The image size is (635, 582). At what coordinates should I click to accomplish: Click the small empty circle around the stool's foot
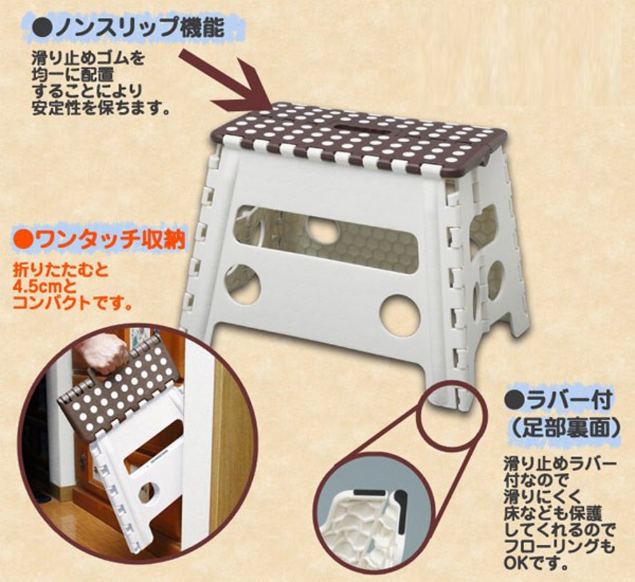pos(450,416)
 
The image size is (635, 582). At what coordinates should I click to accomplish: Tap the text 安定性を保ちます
pos(100,108)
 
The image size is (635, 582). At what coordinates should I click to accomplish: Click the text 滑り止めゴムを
pos(88,58)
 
